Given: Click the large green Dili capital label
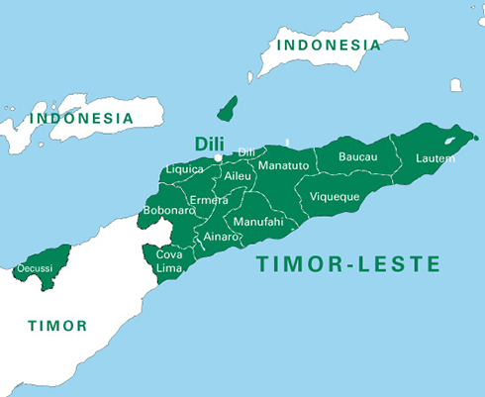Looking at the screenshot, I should [209, 142].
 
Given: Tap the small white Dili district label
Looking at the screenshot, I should [246, 151].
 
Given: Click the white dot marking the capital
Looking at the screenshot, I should [219, 157].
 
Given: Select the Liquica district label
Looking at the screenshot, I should [184, 169].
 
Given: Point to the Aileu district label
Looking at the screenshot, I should [239, 175].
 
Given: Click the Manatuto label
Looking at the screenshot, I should [283, 165].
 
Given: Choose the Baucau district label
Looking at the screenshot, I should [357, 156].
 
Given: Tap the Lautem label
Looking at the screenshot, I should [436, 158].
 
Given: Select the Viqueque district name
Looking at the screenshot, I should [335, 196].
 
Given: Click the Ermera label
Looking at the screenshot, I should [209, 200].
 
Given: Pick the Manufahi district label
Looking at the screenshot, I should [257, 223].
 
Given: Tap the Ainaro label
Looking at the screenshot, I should [220, 237].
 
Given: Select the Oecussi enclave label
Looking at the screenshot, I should [36, 268].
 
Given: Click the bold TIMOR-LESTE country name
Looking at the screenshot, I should [347, 264].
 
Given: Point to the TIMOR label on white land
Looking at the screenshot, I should [56, 325].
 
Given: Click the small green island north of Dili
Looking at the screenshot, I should [227, 108].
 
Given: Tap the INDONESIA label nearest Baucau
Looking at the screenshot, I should [329, 45].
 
